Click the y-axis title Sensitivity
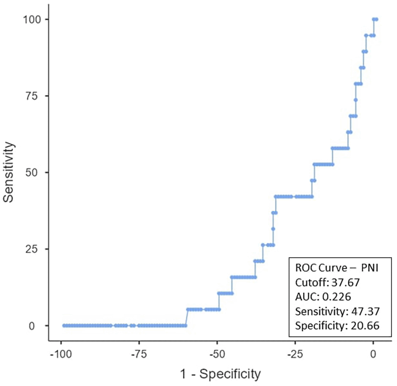(10, 172)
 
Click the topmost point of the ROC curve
(375, 19)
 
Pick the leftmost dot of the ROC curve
(64, 325)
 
